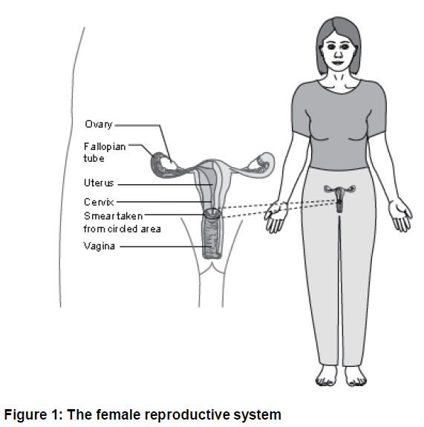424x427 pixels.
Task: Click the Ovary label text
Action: click(x=99, y=125)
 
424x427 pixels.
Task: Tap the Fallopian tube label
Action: click(x=105, y=152)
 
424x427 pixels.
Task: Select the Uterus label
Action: click(x=99, y=183)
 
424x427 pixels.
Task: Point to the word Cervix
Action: click(x=99, y=202)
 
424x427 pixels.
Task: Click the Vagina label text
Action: click(x=99, y=247)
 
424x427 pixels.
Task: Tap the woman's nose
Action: click(x=338, y=54)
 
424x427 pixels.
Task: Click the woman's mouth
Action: click(x=338, y=62)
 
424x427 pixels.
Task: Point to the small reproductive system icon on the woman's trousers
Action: click(x=339, y=198)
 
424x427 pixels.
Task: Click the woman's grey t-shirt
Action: click(x=339, y=126)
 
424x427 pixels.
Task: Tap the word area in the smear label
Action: click(x=151, y=229)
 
